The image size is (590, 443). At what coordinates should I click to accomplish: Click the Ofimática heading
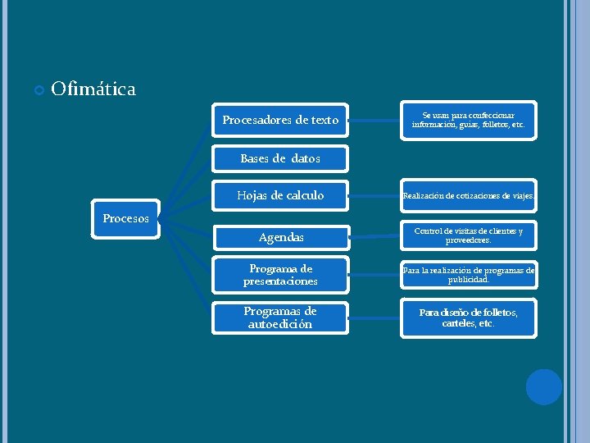pyautogui.click(x=93, y=89)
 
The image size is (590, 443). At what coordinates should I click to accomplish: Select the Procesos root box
pyautogui.click(x=126, y=219)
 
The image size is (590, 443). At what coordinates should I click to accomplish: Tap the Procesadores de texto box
pyautogui.click(x=280, y=121)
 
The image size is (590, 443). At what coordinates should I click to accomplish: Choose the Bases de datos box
pyautogui.click(x=280, y=158)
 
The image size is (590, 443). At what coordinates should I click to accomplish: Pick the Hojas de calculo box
pyautogui.click(x=280, y=195)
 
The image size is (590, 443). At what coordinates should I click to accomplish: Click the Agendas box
pyautogui.click(x=280, y=237)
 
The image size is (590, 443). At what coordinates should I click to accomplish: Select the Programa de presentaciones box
pyautogui.click(x=280, y=275)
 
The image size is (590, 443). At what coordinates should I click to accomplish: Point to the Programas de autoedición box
pyautogui.click(x=280, y=317)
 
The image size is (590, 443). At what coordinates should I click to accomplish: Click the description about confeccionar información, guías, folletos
pyautogui.click(x=468, y=121)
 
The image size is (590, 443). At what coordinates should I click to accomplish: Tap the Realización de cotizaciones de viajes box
pyautogui.click(x=468, y=196)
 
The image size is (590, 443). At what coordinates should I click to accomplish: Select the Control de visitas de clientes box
pyautogui.click(x=468, y=236)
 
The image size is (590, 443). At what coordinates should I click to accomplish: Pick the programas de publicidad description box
pyautogui.click(x=468, y=274)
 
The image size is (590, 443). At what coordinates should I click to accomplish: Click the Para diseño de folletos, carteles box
pyautogui.click(x=468, y=317)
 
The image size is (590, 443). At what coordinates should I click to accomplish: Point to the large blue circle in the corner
pyautogui.click(x=543, y=386)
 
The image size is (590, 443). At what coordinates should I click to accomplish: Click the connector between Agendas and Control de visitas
pyautogui.click(x=374, y=237)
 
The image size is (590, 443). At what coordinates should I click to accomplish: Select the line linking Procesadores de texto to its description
pyautogui.click(x=374, y=121)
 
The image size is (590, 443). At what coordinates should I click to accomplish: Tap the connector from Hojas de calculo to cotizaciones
pyautogui.click(x=374, y=196)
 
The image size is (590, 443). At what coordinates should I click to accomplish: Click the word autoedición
pyautogui.click(x=280, y=324)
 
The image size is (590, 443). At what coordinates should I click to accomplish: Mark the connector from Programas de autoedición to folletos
pyautogui.click(x=374, y=317)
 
